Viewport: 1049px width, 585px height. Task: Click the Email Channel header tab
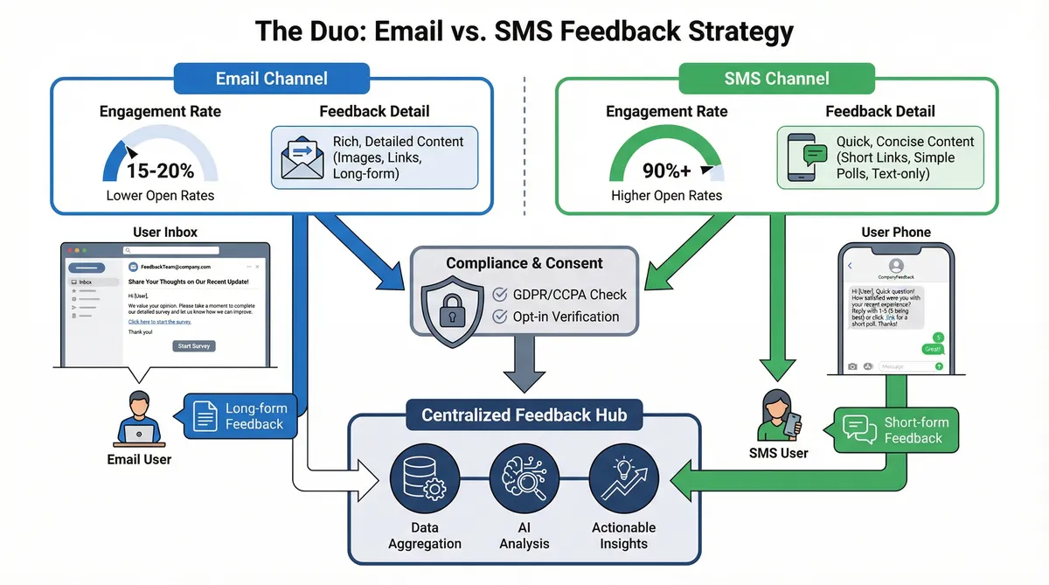point(271,78)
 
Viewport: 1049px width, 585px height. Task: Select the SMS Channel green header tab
point(776,78)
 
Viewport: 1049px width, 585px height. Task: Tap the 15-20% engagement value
point(160,171)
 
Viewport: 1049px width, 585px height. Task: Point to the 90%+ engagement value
point(666,171)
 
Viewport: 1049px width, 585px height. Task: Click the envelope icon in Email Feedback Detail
point(302,157)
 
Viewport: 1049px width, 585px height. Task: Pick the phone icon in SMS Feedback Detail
point(807,157)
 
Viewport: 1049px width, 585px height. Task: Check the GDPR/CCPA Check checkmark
point(501,295)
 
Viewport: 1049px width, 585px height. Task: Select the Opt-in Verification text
point(567,317)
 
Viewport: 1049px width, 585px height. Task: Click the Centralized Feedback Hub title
point(524,414)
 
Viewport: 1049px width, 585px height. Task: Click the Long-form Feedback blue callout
point(240,416)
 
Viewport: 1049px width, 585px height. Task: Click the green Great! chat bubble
point(933,349)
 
